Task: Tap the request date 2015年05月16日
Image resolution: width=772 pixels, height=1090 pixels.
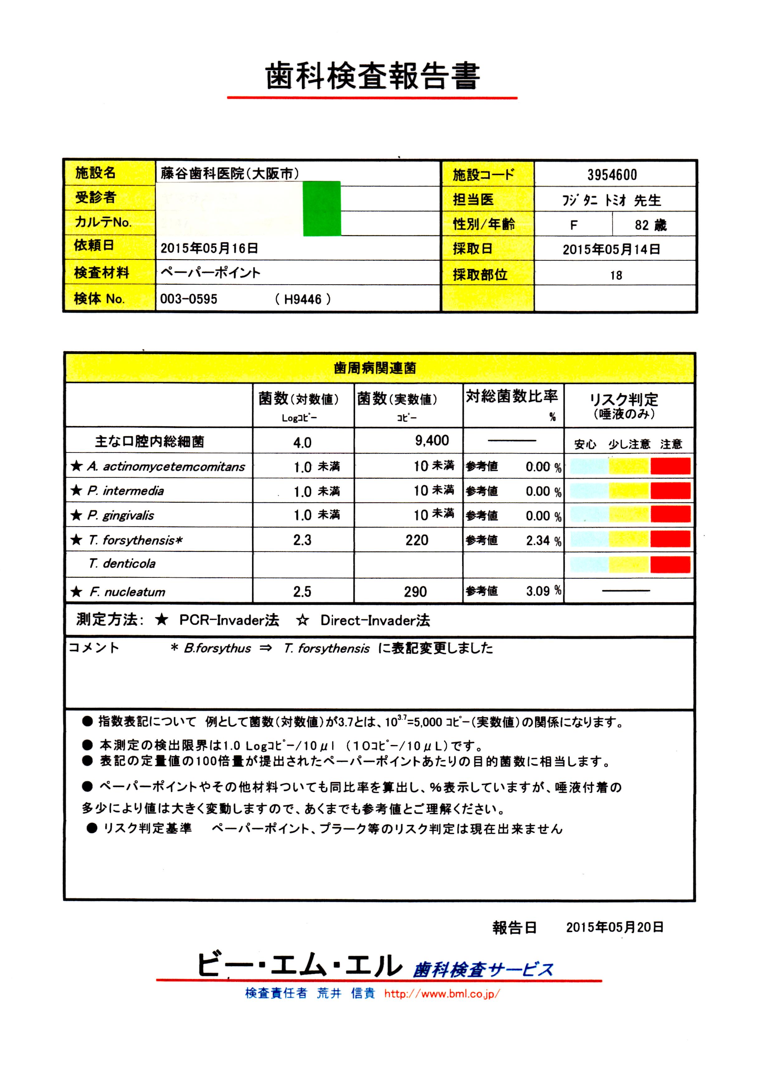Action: click(209, 248)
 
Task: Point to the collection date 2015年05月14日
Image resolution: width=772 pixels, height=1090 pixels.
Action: click(611, 249)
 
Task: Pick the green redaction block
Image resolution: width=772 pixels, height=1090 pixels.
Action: click(322, 208)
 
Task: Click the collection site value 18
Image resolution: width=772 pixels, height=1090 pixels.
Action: click(616, 276)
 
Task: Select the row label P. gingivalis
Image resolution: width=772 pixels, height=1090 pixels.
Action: click(121, 515)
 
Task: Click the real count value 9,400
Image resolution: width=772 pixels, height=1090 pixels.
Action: click(432, 441)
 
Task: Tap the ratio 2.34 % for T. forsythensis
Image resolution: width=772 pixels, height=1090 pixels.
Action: click(543, 541)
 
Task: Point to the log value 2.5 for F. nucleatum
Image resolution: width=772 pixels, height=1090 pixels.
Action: click(302, 592)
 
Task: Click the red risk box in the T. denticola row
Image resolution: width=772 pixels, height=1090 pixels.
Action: click(670, 565)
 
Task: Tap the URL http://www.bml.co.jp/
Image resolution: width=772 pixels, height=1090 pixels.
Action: click(442, 993)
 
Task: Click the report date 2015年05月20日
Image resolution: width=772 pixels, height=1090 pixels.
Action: click(615, 927)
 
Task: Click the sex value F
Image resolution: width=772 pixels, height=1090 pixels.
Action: click(574, 225)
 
